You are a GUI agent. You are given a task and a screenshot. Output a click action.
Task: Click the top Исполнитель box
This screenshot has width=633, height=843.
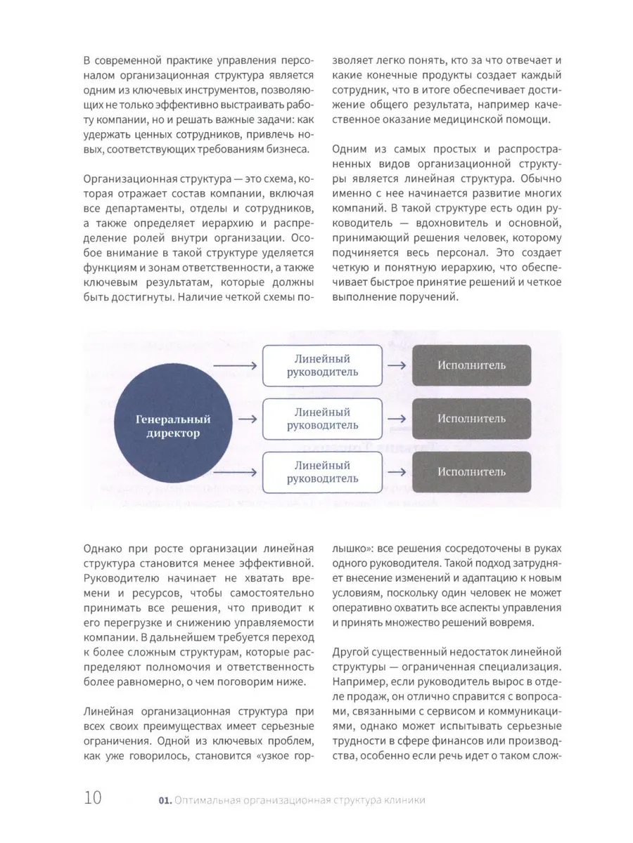471,365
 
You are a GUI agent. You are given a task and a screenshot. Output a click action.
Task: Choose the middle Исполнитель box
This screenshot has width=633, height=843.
471,418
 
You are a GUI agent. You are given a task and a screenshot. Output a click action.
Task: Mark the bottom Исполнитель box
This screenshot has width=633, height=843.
471,471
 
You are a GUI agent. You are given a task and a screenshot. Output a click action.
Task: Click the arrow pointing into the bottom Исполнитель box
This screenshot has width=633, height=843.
396,471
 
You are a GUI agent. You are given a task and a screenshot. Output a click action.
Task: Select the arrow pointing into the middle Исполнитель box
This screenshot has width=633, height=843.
396,419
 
